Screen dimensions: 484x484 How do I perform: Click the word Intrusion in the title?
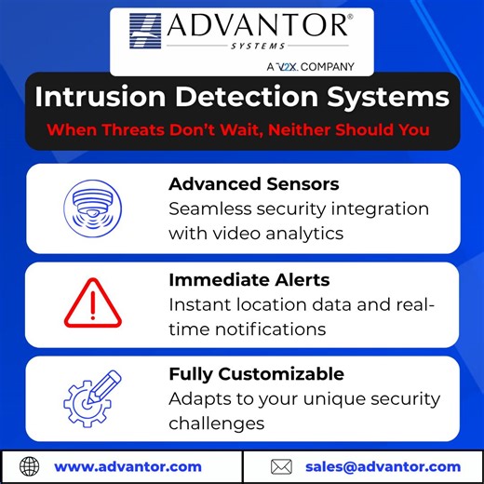(99, 98)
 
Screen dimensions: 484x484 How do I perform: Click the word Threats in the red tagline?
(164, 129)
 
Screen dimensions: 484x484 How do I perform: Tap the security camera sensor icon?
(92, 208)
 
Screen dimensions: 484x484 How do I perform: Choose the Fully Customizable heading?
(256, 374)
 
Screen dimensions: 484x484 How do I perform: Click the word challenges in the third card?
(217, 423)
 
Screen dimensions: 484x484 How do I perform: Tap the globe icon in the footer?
(30, 466)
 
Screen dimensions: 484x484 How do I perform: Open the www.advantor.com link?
(128, 466)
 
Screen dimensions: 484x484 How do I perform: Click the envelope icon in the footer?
(281, 466)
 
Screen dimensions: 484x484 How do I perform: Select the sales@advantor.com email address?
(383, 466)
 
